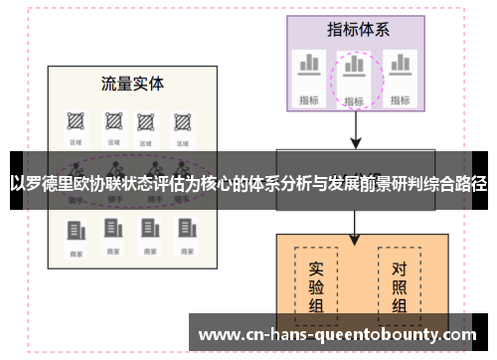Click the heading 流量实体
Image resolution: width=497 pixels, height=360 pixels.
tap(132, 83)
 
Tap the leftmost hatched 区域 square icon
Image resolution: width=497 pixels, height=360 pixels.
tap(76, 123)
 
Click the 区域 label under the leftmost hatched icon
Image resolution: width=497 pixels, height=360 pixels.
tap(76, 143)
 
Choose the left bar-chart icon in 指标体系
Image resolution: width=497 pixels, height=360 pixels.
tap(309, 66)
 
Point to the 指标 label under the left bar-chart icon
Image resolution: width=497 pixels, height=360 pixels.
tap(309, 99)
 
